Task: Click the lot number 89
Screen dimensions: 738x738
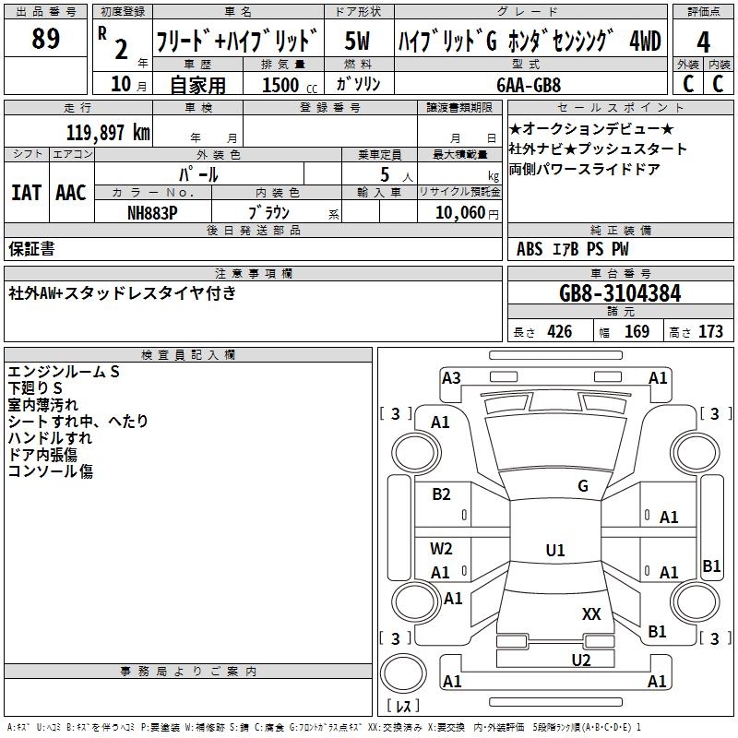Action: pos(45,38)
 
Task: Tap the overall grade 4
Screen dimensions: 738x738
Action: pos(703,42)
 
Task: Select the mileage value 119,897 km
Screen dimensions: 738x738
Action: pos(108,133)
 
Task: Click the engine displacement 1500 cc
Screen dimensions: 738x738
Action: pos(290,85)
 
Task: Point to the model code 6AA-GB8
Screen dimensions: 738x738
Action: pos(529,85)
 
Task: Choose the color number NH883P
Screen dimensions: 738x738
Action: pos(152,213)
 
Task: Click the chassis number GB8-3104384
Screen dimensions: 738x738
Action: pos(620,293)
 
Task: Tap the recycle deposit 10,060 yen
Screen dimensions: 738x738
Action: pos(467,213)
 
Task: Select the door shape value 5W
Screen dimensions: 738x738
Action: pos(357,41)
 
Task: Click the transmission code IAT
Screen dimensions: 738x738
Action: pos(26,193)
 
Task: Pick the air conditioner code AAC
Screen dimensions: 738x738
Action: pos(71,193)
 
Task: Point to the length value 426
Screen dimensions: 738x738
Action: pos(560,332)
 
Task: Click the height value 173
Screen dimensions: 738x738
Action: pos(710,332)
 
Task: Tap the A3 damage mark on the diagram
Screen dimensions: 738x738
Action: pos(451,377)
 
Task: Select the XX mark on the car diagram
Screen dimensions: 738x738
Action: pos(591,614)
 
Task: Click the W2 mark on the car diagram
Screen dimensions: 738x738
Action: pos(441,549)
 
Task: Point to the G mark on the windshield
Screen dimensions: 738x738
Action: pos(583,486)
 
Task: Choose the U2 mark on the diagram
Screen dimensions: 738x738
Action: pos(581,661)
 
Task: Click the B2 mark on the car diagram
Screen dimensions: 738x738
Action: pos(441,494)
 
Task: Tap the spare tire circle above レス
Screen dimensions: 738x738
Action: pos(403,673)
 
